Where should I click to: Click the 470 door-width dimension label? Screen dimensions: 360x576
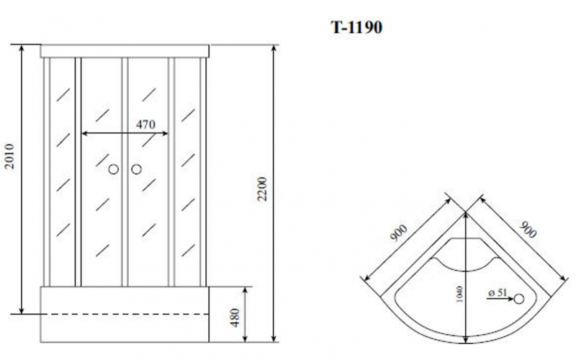tap(145, 124)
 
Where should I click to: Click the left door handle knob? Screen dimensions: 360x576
tap(113, 170)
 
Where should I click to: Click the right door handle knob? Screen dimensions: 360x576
tap(136, 170)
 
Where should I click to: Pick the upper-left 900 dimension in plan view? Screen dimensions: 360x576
tap(398, 235)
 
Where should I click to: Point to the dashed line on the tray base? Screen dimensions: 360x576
tap(126, 315)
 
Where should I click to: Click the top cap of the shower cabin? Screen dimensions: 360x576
tap(127, 50)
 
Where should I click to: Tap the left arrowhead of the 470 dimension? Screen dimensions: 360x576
tap(84, 133)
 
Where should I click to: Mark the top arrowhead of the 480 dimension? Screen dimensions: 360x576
tap(246, 289)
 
